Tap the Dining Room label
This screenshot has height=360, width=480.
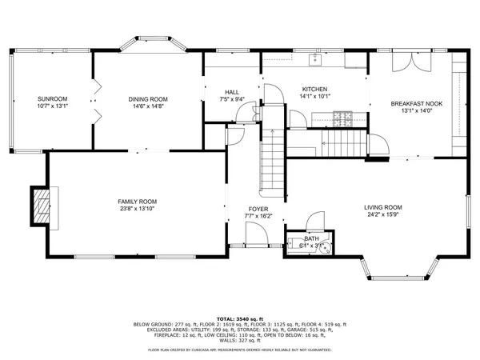tap(148, 99)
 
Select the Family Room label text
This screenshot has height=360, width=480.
tap(137, 202)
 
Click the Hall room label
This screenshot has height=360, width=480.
tap(230, 92)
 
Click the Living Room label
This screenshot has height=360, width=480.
tap(383, 207)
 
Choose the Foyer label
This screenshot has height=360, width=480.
tap(258, 209)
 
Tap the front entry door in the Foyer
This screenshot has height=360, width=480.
tap(257, 236)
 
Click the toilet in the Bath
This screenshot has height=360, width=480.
tap(324, 247)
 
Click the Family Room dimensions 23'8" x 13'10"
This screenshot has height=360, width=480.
tap(137, 210)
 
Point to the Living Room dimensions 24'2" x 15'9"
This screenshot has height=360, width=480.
tap(383, 214)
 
